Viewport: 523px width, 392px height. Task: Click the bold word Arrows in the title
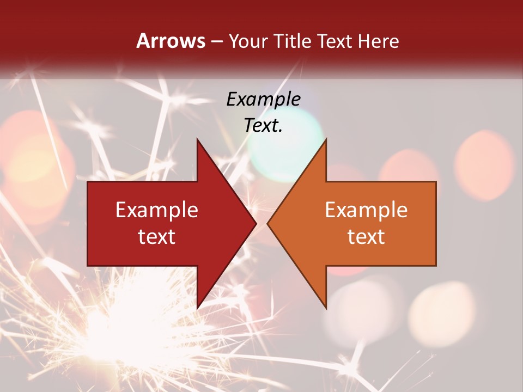[171, 41]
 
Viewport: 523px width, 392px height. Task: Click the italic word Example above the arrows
[263, 99]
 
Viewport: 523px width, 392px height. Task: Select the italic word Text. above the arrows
[263, 125]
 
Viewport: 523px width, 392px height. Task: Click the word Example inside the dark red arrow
[157, 210]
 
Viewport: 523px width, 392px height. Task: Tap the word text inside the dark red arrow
[157, 237]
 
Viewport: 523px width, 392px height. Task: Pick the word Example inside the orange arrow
[366, 210]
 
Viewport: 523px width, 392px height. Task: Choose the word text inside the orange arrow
[366, 237]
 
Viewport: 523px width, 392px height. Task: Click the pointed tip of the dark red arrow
[256, 223]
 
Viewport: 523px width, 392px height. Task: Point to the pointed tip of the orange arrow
[267, 223]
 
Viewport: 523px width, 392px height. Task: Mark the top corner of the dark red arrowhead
[197, 139]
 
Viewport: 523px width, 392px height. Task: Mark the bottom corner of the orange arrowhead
[326, 308]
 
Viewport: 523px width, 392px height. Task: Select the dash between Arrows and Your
[217, 41]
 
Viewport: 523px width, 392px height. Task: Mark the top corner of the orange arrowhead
[326, 139]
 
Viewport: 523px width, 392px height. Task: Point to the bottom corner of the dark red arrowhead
[197, 308]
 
